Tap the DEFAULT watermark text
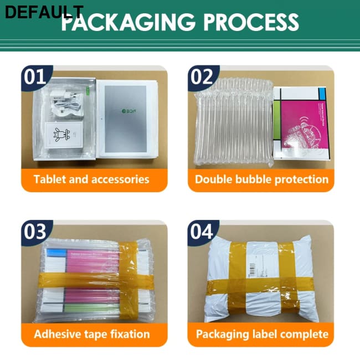tap(43, 13)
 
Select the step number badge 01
tap(35, 76)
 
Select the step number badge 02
tap(201, 76)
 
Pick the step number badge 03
tap(35, 231)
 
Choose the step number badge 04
tap(201, 231)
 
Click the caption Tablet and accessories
tap(91, 179)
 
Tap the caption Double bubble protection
tap(261, 179)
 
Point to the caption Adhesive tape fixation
tap(91, 334)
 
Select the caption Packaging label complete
tap(261, 334)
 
